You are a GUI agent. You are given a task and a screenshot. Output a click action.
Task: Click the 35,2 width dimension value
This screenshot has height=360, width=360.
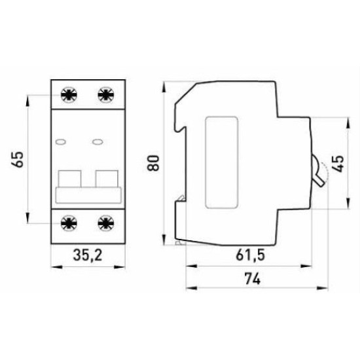pos(88,255)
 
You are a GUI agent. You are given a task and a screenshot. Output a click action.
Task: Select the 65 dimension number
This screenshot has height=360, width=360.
pos(18,159)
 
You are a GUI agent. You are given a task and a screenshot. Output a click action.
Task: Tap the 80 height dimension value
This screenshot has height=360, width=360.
pos(153,163)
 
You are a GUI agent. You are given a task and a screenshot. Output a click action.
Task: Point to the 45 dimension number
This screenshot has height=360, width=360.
pos(338,164)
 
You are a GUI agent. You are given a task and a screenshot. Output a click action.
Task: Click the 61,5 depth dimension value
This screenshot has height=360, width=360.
pos(250,255)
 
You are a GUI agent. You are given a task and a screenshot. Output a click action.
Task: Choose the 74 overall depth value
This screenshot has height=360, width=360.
pos(252,278)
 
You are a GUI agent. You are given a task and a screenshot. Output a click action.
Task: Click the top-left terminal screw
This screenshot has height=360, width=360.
pos(69,95)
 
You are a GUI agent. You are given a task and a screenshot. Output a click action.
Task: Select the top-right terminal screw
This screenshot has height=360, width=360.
pos(106,95)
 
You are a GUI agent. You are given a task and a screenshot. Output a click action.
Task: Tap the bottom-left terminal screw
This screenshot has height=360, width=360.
pos(69,223)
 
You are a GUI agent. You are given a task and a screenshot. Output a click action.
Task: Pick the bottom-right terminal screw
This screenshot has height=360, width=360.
pos(106,223)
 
